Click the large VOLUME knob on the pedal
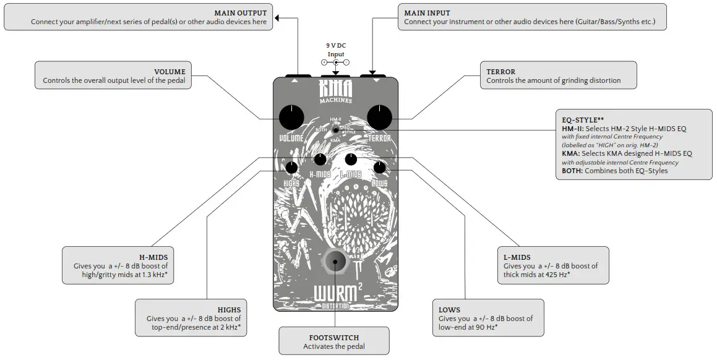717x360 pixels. click(x=291, y=117)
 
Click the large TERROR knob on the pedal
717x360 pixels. click(x=380, y=117)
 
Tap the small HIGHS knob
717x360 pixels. click(x=291, y=167)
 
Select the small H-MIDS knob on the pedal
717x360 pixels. click(x=320, y=160)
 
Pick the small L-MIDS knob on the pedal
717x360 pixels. click(x=351, y=160)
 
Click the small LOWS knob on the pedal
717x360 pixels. click(x=380, y=167)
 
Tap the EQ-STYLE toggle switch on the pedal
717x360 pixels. click(x=335, y=130)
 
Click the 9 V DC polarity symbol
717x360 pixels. click(x=335, y=62)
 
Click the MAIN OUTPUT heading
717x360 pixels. click(x=241, y=13)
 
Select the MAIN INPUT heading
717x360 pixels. click(x=427, y=13)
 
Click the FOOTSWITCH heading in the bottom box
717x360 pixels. click(x=334, y=338)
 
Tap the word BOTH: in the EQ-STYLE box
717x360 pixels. click(x=572, y=171)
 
